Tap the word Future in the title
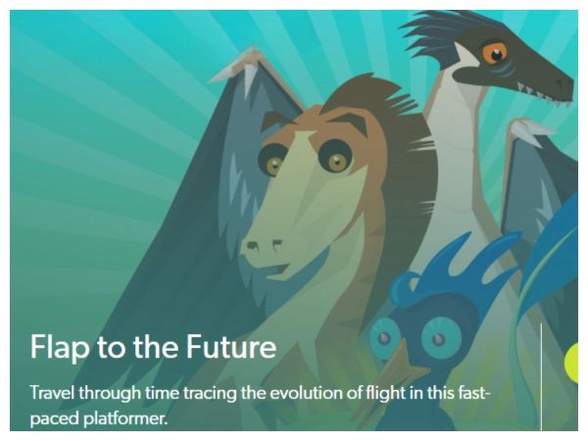click(231, 346)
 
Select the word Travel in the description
click(52, 393)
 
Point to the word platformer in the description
click(124, 418)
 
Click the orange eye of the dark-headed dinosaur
click(495, 53)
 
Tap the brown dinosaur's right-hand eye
click(335, 157)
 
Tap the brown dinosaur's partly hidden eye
click(271, 161)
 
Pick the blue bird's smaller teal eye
click(385, 336)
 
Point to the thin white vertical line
click(542, 376)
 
